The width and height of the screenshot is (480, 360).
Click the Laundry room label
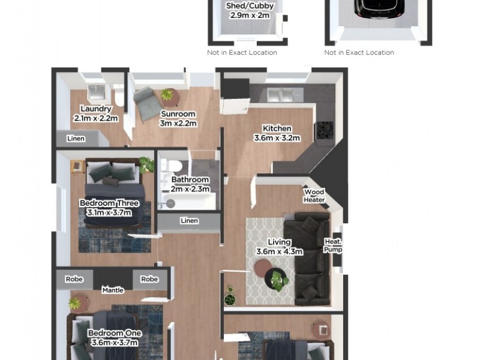pyautogui.click(x=95, y=109)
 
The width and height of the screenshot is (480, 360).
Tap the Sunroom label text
pyautogui.click(x=178, y=114)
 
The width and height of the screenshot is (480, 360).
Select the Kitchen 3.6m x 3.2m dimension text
pyautogui.click(x=277, y=137)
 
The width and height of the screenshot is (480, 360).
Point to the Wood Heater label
pyautogui.click(x=314, y=196)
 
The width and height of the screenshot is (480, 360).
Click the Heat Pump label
pyautogui.click(x=332, y=245)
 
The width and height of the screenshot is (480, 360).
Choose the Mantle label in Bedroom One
pyautogui.click(x=113, y=290)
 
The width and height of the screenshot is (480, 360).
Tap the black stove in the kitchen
pyautogui.click(x=324, y=130)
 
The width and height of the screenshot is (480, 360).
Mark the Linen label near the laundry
pyautogui.click(x=76, y=139)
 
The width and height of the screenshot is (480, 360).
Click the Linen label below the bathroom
pyautogui.click(x=189, y=221)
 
